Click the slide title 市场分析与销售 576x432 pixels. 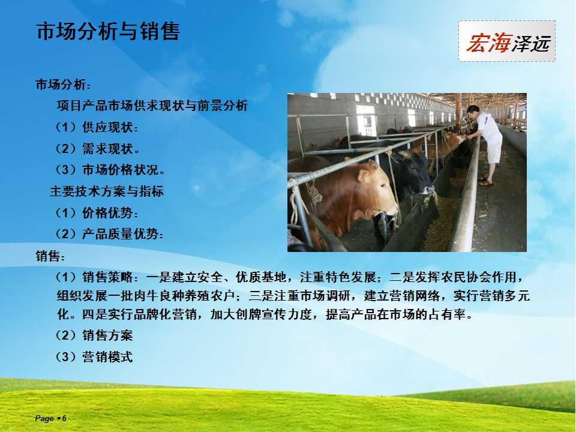(x=108, y=31)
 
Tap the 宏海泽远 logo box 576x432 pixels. (x=506, y=41)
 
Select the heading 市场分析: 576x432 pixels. (x=63, y=85)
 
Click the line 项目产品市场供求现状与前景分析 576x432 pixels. (x=152, y=106)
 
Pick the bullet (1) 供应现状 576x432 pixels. (x=97, y=127)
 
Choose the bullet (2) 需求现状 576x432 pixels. (x=98, y=149)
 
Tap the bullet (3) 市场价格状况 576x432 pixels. (x=110, y=170)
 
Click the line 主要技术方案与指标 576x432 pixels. (x=107, y=191)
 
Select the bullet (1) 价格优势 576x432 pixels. (x=97, y=212)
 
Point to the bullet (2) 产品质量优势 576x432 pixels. (x=109, y=234)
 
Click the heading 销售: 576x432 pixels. (x=50, y=256)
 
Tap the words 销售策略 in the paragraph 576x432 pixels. (x=107, y=277)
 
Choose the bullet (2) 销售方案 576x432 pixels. (x=94, y=335)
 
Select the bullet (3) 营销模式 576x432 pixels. (x=94, y=356)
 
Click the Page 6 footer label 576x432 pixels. (x=50, y=418)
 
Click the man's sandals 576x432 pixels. (x=485, y=181)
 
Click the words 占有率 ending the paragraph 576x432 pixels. (x=448, y=314)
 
